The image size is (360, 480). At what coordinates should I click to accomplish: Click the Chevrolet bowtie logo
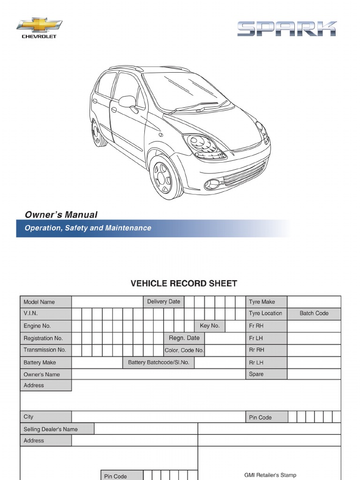39,25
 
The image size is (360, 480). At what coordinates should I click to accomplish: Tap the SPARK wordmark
286,29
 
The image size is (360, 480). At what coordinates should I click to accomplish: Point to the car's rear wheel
99,133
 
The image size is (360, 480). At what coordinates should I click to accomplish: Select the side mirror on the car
127,101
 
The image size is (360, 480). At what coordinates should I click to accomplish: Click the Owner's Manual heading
61,215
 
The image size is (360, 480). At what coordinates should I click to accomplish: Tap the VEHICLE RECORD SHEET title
183,283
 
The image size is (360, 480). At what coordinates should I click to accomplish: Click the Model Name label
39,302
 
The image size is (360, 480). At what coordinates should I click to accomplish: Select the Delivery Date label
163,301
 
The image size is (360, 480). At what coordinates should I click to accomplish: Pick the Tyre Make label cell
262,302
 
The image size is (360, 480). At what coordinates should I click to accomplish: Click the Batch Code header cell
314,313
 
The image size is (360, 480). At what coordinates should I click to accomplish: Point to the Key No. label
210,325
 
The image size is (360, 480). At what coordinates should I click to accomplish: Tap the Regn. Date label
184,338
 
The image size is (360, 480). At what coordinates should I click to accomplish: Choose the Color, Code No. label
184,350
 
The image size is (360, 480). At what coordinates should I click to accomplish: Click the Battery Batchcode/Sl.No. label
158,362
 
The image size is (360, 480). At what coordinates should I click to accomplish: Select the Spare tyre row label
256,374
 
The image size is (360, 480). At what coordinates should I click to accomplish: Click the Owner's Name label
42,374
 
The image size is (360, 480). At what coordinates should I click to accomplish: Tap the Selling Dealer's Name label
51,429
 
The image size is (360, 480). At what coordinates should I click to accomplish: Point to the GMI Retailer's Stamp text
270,475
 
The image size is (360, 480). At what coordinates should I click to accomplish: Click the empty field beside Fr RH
314,326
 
